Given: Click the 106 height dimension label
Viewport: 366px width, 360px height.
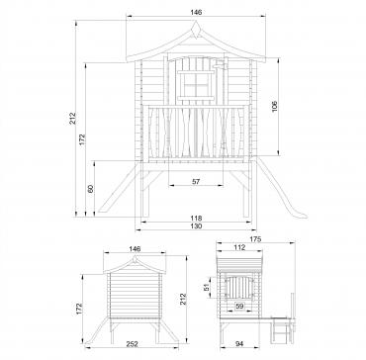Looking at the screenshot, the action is [275, 107].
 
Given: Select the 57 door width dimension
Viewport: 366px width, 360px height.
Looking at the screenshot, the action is [196, 181].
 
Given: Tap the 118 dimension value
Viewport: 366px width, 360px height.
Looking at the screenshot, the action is [196, 219].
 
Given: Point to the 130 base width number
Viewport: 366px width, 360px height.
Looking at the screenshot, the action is [196, 226].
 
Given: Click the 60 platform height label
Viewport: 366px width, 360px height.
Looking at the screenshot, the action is [91, 189].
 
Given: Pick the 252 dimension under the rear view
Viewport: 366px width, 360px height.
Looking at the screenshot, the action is [132, 344].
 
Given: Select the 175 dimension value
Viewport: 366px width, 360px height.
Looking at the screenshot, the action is [255, 239].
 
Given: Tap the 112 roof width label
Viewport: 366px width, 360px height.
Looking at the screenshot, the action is [239, 247].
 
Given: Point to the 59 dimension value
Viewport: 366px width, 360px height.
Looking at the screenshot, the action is [239, 307].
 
